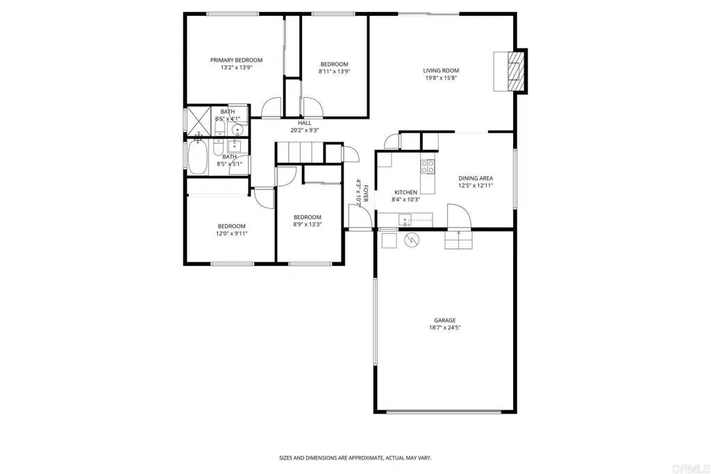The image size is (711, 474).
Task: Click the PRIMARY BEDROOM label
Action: pos(236,60)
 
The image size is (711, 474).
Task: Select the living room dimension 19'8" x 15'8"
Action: pos(441,78)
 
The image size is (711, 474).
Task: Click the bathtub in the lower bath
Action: pos(198,158)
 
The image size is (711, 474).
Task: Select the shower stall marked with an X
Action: pos(199,119)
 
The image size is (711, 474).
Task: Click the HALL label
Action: pos(305,123)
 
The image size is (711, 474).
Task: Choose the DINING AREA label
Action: pos(476,178)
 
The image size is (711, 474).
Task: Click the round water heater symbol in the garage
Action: pos(412,239)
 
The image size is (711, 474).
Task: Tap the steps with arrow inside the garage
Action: pos(458,239)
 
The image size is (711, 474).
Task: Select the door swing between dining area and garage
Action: pos(459,216)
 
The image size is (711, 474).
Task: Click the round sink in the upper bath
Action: pos(237,129)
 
